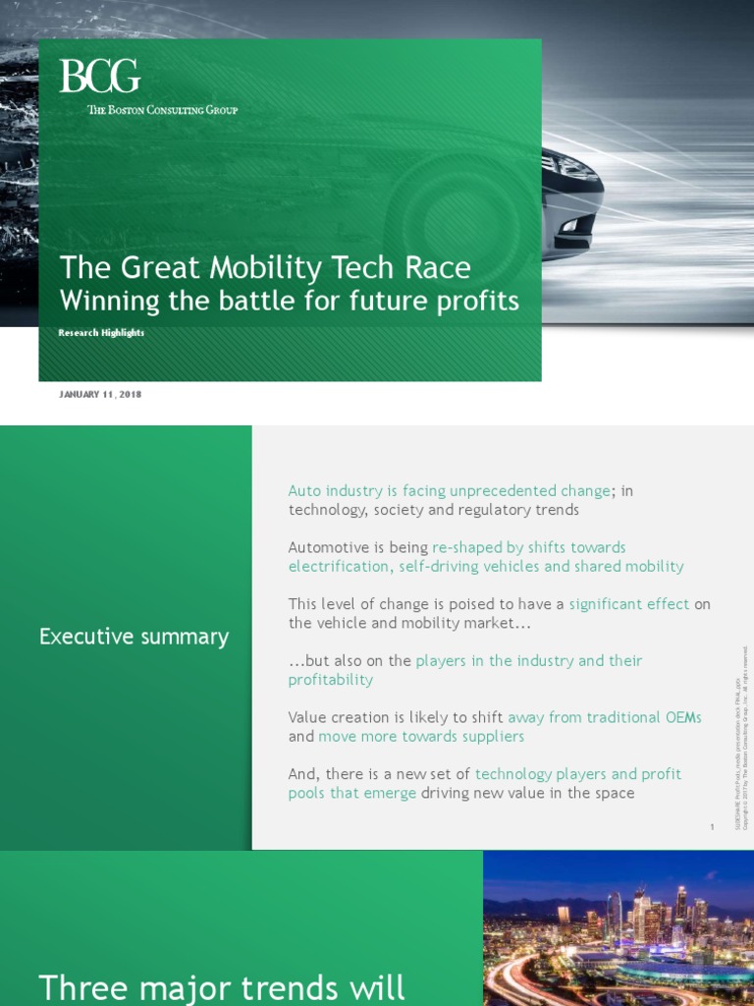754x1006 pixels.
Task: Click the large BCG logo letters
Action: click(x=99, y=77)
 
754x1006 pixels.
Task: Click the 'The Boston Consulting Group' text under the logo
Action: click(x=163, y=110)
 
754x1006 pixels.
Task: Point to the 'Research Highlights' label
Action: click(x=102, y=333)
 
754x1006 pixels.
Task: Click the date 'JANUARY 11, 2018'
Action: click(x=101, y=395)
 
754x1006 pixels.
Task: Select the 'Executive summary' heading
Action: click(x=134, y=637)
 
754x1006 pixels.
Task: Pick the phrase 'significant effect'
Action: click(x=629, y=604)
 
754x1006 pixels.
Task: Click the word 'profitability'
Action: click(x=331, y=680)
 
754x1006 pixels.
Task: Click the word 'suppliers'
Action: click(x=488, y=736)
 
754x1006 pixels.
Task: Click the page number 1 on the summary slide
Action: click(x=712, y=827)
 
